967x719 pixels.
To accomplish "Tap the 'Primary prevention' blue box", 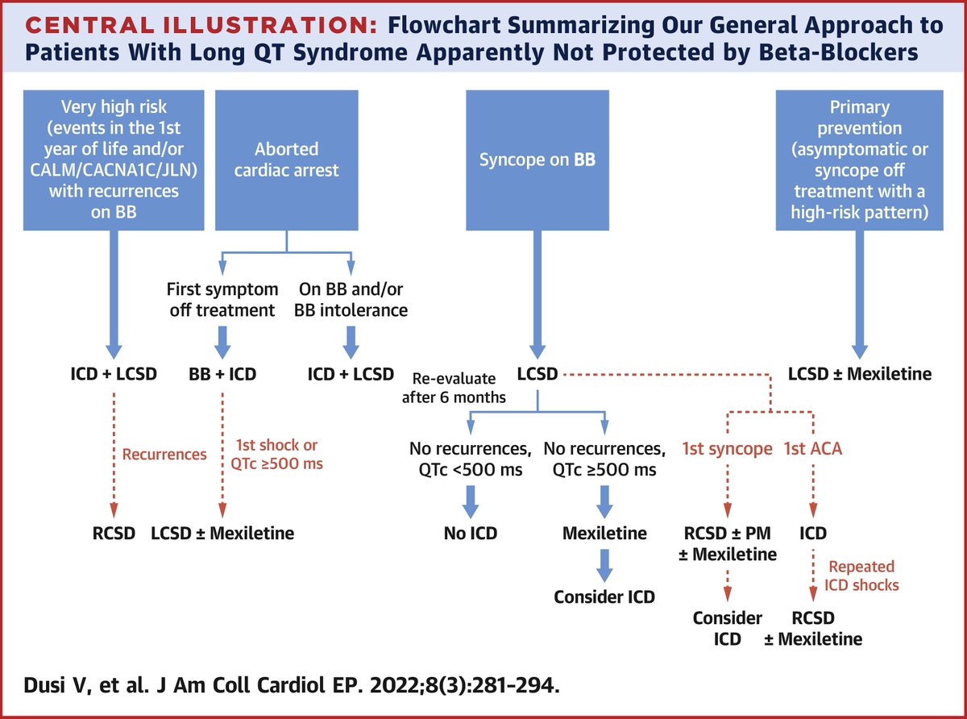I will (860, 160).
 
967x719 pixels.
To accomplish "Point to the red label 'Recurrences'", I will (164, 454).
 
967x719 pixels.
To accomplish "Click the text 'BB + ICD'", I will (223, 374).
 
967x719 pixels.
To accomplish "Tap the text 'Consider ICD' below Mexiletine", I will (604, 597).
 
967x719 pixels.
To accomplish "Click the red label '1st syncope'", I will (728, 449).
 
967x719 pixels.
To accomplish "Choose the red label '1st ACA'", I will (812, 449).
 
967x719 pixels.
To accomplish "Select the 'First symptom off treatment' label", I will (222, 299).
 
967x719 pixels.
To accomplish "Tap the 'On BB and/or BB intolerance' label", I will (351, 299).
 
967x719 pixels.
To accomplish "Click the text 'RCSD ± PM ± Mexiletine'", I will (728, 543).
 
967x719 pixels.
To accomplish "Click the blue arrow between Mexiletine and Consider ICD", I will (604, 565).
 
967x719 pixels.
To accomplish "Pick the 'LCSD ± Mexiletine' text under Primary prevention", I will (860, 374).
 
